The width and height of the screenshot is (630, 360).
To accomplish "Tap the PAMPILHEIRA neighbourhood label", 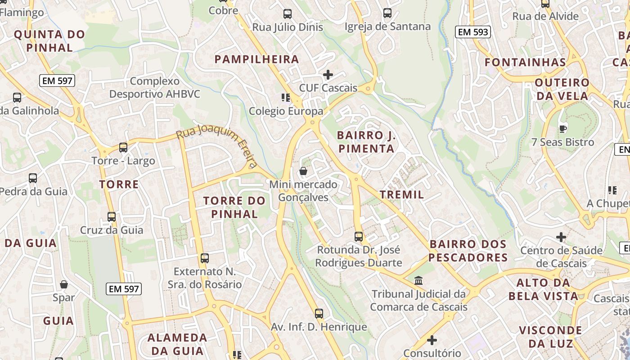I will coord(256,59).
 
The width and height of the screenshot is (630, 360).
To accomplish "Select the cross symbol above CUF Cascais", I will coord(328,75).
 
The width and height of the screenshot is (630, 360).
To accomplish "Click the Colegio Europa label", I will coord(286,111).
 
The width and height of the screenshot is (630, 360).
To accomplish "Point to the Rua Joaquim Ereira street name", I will coord(217,146).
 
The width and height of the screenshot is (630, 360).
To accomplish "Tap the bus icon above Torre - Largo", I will coord(123,147).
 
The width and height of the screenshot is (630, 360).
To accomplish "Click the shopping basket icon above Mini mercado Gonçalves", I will coord(303,171).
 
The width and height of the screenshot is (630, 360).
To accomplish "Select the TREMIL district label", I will coord(402,194).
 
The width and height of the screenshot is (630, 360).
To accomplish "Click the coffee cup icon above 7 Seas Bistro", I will coord(562,129).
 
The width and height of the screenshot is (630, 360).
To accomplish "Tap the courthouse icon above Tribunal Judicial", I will coord(418,281).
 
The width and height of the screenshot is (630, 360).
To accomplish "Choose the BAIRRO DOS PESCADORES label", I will coord(468,251).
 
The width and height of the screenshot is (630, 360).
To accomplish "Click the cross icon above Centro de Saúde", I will coord(561,237).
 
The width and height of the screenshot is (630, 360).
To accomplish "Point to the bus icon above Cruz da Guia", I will coord(111,216).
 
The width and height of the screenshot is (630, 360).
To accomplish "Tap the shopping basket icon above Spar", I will coord(64,284).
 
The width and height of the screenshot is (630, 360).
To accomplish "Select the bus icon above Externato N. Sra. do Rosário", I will coord(205,258).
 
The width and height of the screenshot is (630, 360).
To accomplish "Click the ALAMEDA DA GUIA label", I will coord(177,344).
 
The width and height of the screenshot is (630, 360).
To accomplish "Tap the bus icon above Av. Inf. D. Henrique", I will coord(319,313).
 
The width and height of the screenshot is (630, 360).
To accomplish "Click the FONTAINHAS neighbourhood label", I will coord(525,62).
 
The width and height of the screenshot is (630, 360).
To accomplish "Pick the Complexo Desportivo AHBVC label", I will coord(155,88).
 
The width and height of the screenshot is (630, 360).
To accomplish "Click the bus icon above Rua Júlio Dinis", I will coord(288,14).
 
